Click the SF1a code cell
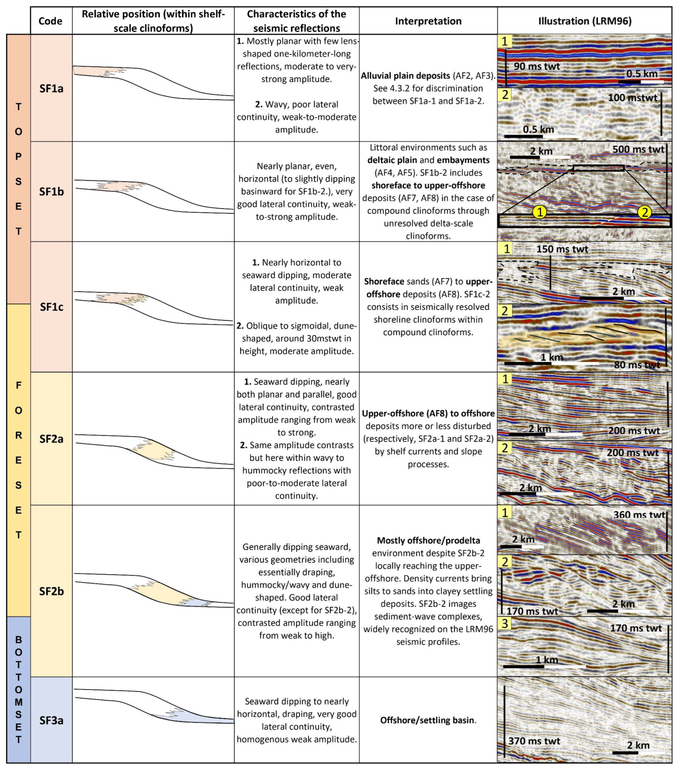click(x=51, y=89)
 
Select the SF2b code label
click(x=51, y=591)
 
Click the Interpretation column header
click(x=428, y=21)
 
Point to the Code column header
click(x=50, y=21)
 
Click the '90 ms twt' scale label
click(x=536, y=67)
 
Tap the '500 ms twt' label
click(x=638, y=149)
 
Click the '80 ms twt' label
click(x=637, y=365)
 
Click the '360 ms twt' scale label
click(x=639, y=515)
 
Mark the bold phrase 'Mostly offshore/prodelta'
click(x=428, y=541)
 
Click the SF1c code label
click(x=51, y=307)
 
